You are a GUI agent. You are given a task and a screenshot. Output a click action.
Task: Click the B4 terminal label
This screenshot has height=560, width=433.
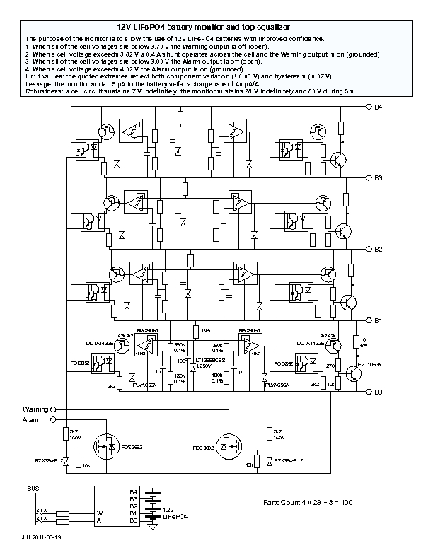[x=379, y=107]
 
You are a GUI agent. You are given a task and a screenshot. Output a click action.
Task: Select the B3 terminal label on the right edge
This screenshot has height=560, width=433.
[x=379, y=177]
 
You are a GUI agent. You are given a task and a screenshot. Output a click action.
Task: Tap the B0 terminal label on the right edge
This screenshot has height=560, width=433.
[x=379, y=391]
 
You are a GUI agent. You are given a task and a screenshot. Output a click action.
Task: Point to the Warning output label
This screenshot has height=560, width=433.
[x=35, y=409]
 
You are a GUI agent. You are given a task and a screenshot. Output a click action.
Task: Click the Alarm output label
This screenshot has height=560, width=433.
[x=32, y=419]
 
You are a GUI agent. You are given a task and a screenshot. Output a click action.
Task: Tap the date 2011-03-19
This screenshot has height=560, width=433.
[x=48, y=537]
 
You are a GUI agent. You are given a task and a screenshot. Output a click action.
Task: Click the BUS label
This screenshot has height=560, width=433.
[x=33, y=489]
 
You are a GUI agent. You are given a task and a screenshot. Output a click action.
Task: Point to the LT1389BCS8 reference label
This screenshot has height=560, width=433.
[x=207, y=361]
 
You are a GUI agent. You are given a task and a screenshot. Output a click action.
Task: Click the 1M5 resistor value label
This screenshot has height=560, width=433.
[x=206, y=330]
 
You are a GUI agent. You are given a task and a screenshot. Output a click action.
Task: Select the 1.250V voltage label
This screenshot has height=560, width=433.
[x=204, y=366]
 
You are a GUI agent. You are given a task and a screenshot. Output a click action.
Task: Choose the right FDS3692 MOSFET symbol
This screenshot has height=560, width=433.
[x=229, y=448]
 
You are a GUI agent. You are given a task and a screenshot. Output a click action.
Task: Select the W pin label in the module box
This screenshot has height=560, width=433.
[x=100, y=513]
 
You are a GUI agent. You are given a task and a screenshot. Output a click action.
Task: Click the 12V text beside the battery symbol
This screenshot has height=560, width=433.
[x=168, y=509]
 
